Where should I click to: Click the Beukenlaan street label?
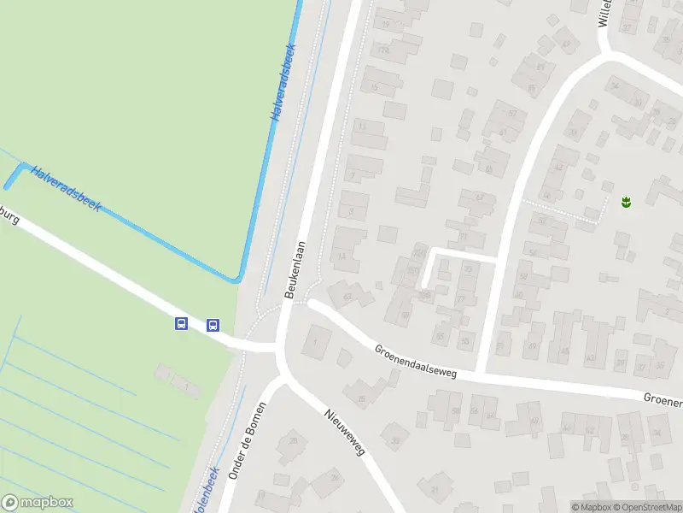pyautogui.click(x=298, y=268)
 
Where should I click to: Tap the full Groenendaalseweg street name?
pyautogui.click(x=415, y=362)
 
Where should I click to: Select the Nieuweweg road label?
pyautogui.click(x=344, y=432)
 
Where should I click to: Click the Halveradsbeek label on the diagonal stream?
pyautogui.click(x=66, y=189)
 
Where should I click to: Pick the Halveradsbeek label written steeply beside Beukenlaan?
pyautogui.click(x=283, y=82)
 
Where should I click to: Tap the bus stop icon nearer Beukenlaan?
pyautogui.click(x=213, y=324)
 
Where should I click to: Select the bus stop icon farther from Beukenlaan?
pyautogui.click(x=181, y=323)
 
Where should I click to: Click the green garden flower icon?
pyautogui.click(x=626, y=203)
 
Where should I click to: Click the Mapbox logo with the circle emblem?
pyautogui.click(x=38, y=503)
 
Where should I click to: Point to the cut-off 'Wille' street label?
pyautogui.click(x=604, y=13)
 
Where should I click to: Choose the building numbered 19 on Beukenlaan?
pyautogui.click(x=386, y=24)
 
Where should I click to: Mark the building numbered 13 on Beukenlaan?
pyautogui.click(x=362, y=127)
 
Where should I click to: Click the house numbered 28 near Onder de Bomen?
pyautogui.click(x=294, y=440)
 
